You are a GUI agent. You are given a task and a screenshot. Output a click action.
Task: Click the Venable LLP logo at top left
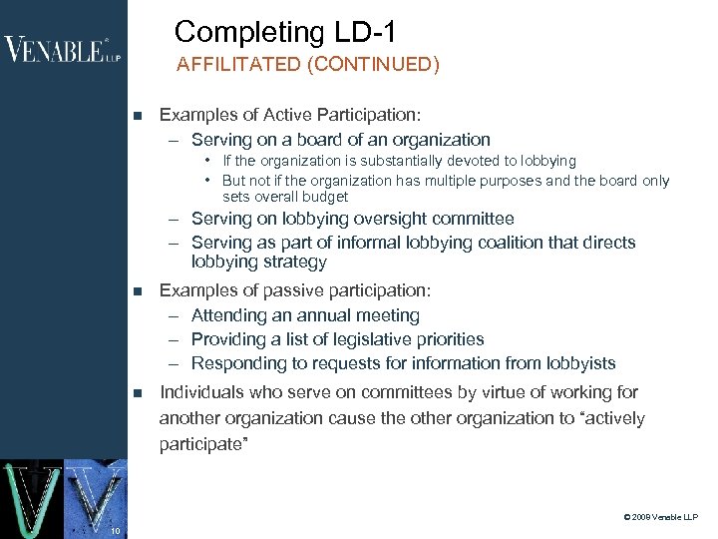62,49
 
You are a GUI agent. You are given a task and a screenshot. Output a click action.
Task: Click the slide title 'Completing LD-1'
285,32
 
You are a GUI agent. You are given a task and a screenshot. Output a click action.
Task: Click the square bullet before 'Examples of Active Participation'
138,116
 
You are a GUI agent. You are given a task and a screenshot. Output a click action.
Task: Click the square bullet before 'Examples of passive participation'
138,291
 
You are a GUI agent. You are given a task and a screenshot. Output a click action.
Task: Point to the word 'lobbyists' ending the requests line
579,363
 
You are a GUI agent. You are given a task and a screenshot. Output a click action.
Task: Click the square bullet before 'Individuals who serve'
138,393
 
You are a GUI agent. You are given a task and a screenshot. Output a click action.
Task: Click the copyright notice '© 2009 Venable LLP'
660,517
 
